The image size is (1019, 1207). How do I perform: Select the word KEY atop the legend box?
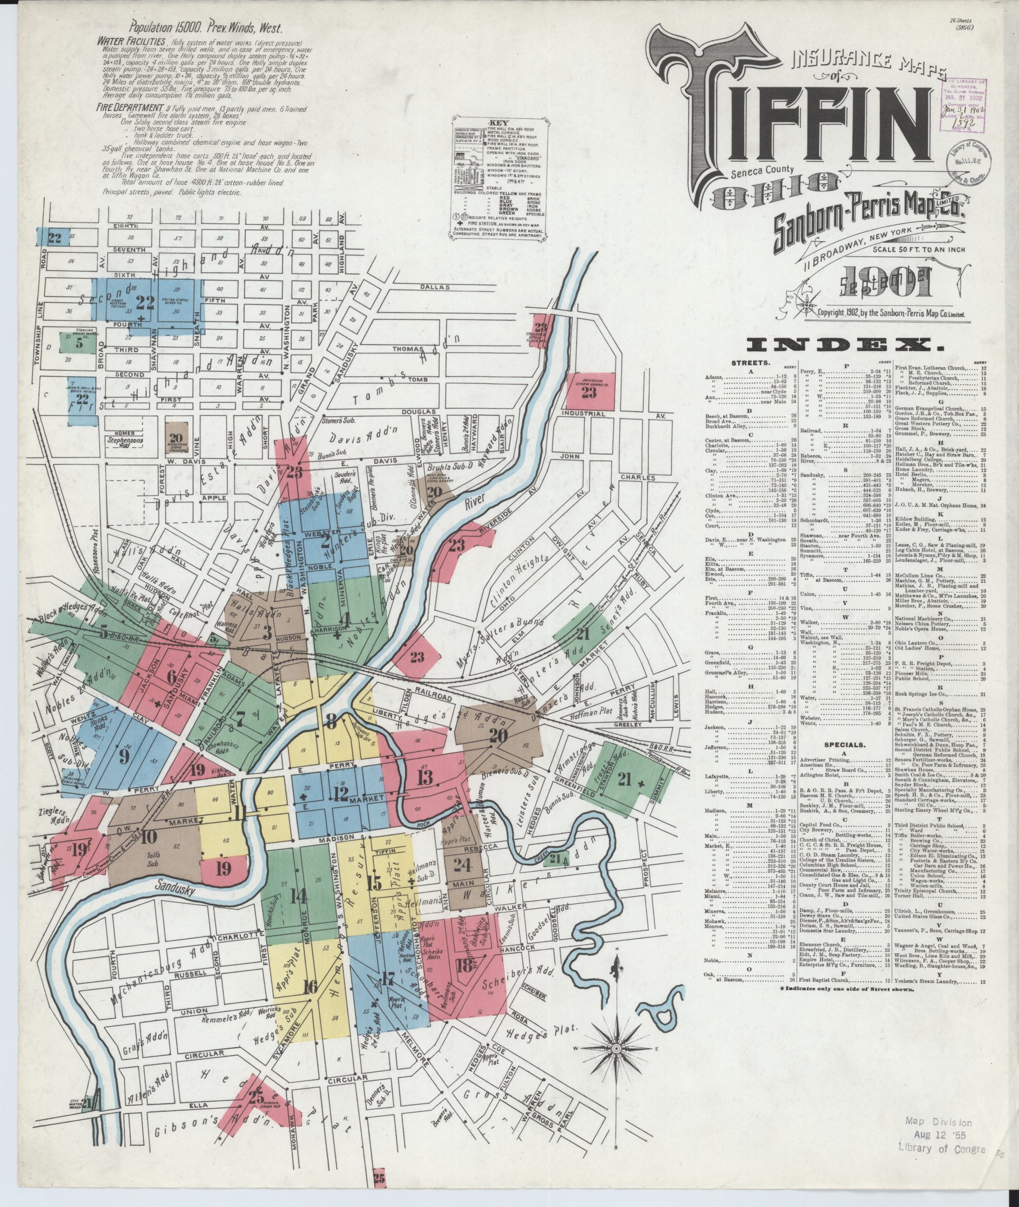(x=498, y=124)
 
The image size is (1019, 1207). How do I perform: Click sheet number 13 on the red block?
(x=425, y=777)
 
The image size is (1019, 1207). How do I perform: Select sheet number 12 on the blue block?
(x=340, y=792)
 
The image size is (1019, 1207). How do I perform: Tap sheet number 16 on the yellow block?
(x=310, y=986)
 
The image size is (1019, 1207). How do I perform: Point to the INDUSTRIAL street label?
(x=584, y=413)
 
